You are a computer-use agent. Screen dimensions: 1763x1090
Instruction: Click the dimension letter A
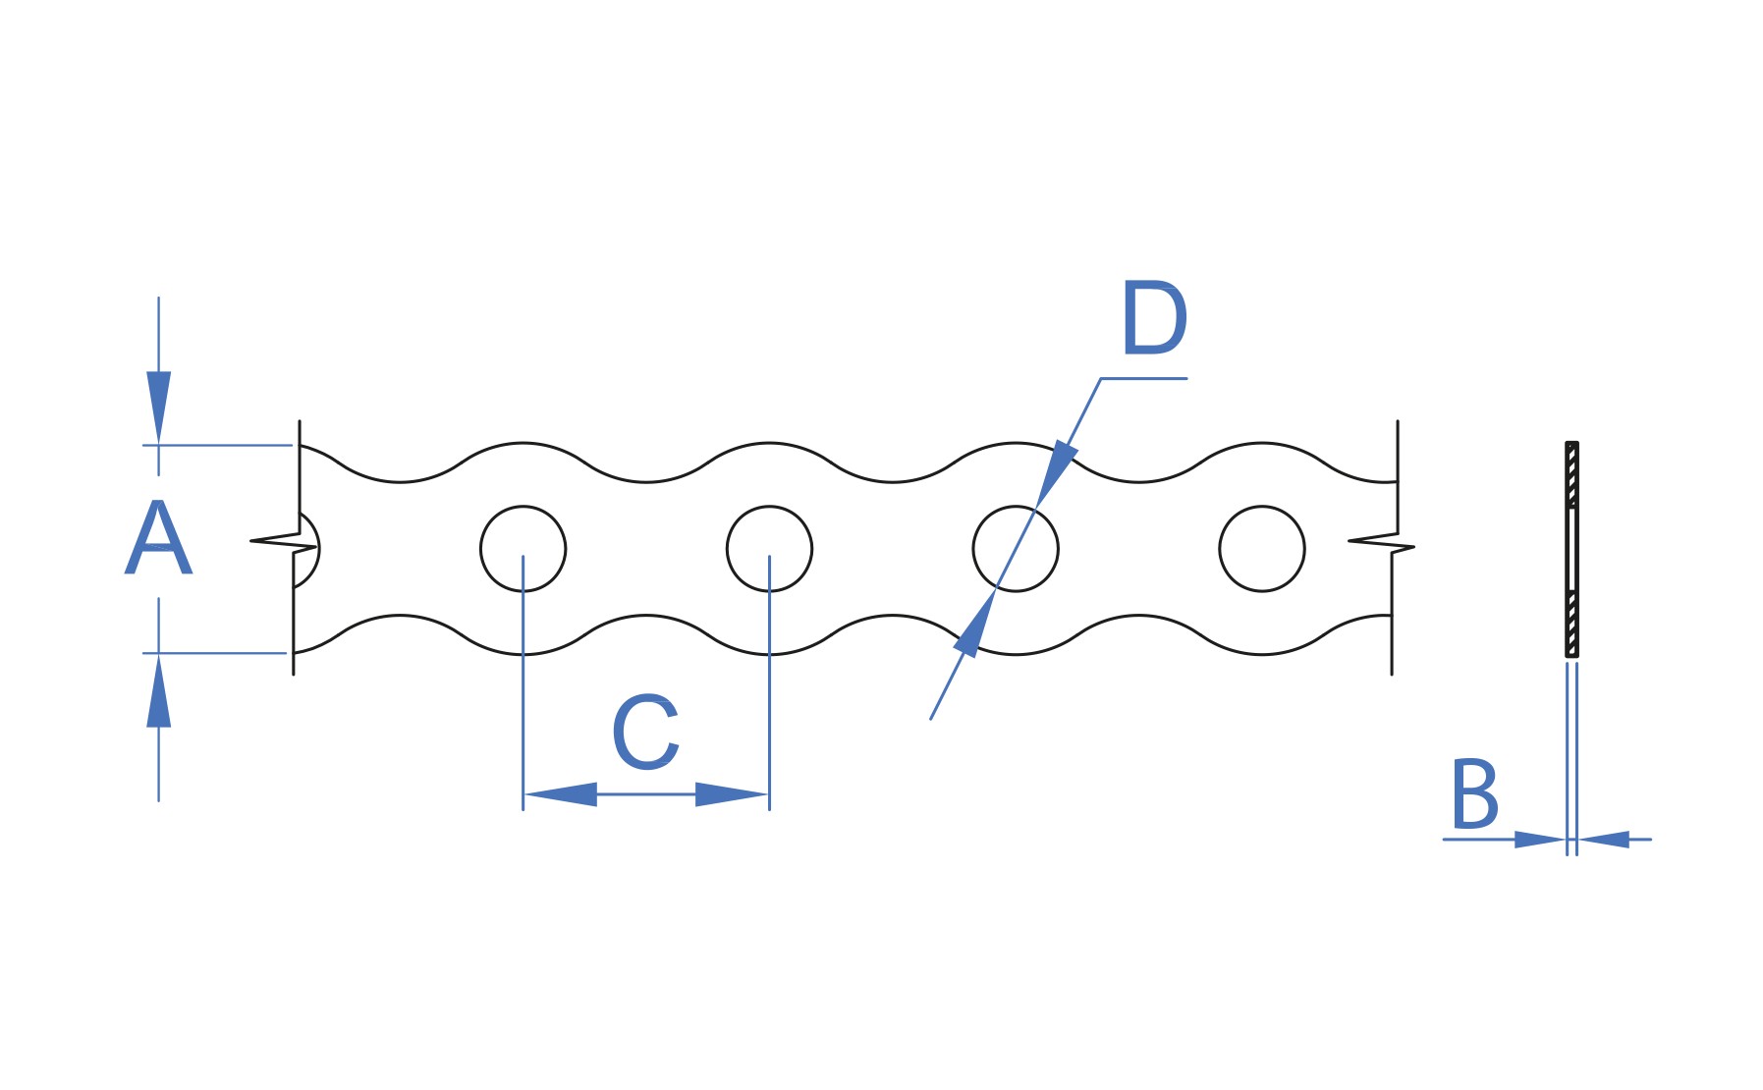coord(158,537)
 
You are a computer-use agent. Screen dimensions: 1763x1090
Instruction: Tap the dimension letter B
coord(1474,793)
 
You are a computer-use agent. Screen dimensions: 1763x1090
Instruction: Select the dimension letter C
coord(645,732)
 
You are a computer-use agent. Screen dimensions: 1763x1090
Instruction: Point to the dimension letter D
coord(1154,318)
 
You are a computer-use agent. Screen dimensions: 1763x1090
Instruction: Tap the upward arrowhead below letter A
coord(158,691)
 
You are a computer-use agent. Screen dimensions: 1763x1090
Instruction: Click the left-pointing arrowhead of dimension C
coord(561,793)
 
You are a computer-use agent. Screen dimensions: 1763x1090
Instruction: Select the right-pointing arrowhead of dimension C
coord(732,793)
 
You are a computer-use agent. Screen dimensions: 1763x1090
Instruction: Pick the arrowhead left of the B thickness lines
coord(1540,840)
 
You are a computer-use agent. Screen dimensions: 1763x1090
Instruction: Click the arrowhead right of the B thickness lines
coord(1604,840)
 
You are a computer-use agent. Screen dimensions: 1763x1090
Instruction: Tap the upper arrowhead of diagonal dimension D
coord(1056,474)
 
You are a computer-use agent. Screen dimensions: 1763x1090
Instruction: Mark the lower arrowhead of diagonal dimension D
coord(975,623)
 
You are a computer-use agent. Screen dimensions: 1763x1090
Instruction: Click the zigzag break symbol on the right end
coord(1381,543)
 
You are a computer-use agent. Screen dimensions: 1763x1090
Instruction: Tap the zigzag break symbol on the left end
coord(284,543)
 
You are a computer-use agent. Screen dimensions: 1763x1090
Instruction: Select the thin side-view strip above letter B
coord(1571,549)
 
